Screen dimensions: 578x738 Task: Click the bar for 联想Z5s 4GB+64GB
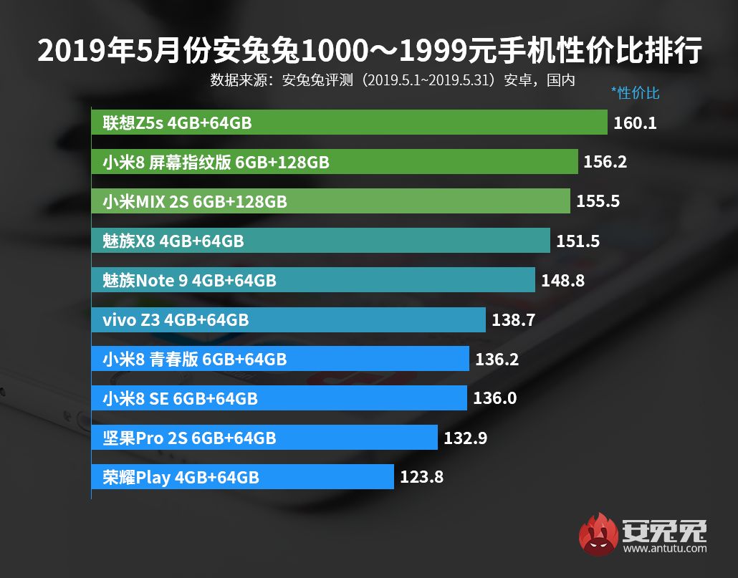[x=349, y=123]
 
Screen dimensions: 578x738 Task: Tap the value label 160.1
[x=635, y=123]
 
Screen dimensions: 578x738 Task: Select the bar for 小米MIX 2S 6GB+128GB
[x=330, y=202]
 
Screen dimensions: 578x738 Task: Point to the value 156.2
[x=605, y=163]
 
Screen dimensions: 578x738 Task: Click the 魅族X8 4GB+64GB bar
[x=320, y=241]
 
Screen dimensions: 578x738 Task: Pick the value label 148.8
[x=562, y=281]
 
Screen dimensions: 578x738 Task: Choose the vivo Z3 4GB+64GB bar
[x=288, y=319]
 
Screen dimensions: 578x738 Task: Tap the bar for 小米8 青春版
[x=280, y=359]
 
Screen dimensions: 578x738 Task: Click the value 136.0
[x=494, y=398]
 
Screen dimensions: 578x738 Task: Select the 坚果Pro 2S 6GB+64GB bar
[x=264, y=438]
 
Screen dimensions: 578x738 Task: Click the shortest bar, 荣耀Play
[x=242, y=477]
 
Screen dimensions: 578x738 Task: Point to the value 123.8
[x=421, y=477]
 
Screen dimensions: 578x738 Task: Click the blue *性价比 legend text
[x=635, y=93]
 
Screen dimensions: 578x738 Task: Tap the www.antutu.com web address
[x=665, y=549]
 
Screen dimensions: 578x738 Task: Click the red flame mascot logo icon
[x=599, y=534]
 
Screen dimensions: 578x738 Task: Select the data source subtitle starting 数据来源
[x=393, y=80]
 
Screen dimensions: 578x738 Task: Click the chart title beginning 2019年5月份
[x=369, y=52]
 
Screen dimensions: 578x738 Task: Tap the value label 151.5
[x=578, y=241]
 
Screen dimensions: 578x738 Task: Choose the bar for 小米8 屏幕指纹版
[x=335, y=163]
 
